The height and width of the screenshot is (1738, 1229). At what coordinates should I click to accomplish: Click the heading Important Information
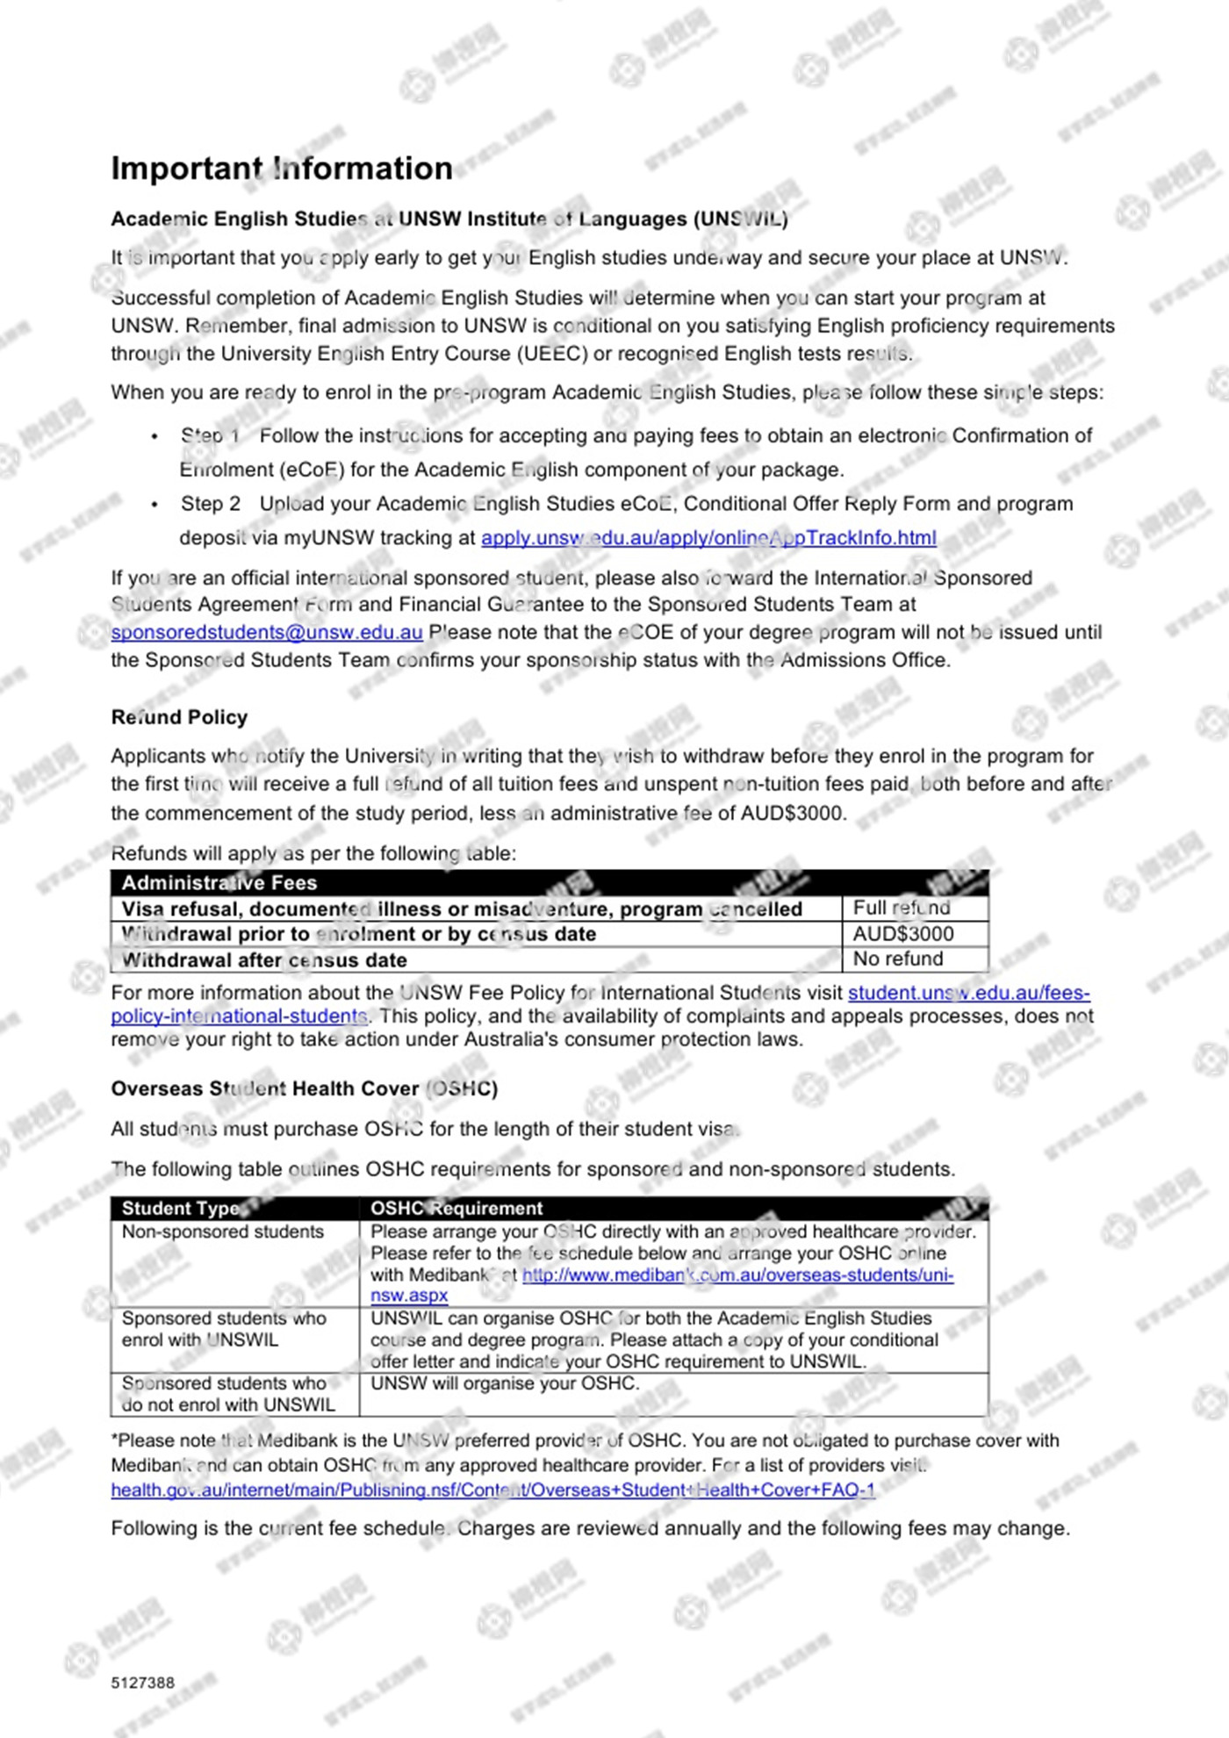(x=282, y=169)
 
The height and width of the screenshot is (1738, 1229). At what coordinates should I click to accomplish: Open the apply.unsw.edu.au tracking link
(x=708, y=538)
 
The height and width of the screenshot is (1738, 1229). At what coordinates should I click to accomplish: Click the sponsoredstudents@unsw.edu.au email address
(x=267, y=633)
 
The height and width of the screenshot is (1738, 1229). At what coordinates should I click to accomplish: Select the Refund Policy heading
(x=179, y=717)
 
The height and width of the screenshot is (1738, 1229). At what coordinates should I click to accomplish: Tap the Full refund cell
(x=902, y=908)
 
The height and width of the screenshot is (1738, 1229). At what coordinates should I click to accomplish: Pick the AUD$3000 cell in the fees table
(x=903, y=934)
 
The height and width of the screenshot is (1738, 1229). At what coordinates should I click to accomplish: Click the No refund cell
(x=898, y=959)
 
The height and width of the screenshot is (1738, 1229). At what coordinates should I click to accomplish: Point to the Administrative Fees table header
(x=219, y=883)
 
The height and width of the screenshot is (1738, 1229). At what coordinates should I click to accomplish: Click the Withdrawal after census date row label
(x=264, y=960)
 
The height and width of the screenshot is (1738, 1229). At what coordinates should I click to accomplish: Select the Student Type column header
(x=181, y=1209)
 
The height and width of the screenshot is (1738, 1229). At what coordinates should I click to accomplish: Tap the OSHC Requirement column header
(x=456, y=1209)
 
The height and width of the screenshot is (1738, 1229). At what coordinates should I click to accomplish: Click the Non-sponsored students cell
(x=223, y=1232)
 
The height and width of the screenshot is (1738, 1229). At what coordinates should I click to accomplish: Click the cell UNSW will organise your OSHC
(x=505, y=1383)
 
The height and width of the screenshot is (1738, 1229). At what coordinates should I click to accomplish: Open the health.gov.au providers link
(x=492, y=1490)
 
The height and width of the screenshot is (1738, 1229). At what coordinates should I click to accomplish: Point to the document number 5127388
(x=143, y=1683)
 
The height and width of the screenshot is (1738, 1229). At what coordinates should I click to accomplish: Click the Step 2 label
(x=211, y=504)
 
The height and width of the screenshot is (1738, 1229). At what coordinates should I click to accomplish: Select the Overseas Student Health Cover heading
(x=304, y=1089)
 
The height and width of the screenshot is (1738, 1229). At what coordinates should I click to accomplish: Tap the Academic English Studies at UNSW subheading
(x=449, y=219)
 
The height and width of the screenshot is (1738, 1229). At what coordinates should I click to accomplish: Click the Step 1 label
(x=211, y=436)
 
